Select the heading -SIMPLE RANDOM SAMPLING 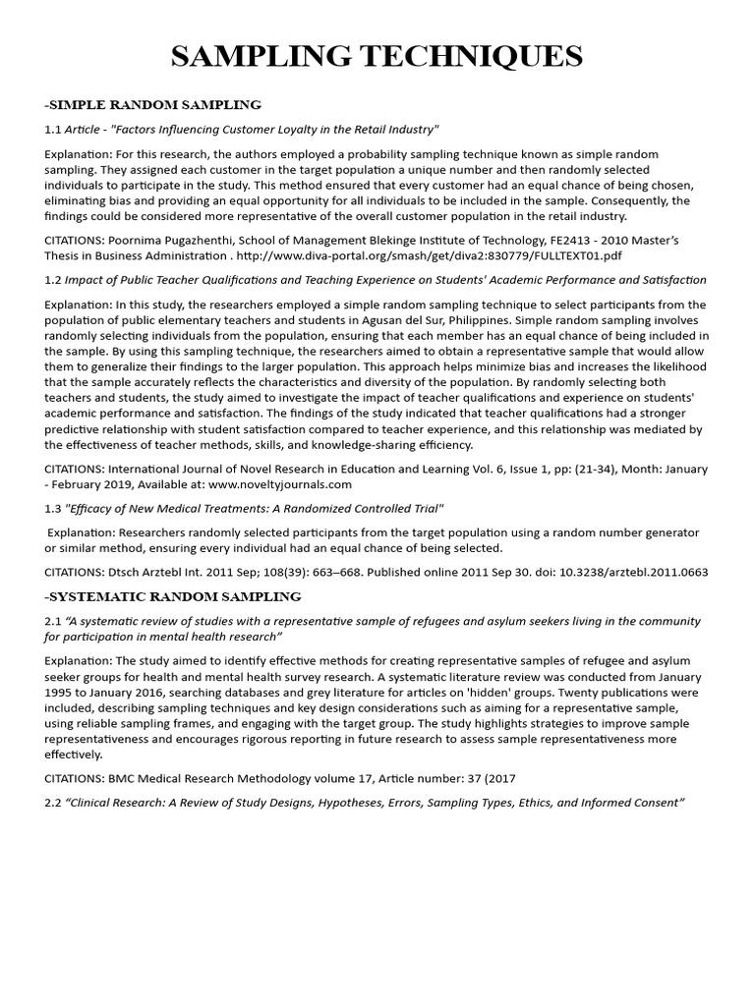pyautogui.click(x=152, y=104)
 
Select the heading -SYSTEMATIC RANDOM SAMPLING pyautogui.click(x=172, y=596)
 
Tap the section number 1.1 pyautogui.click(x=53, y=130)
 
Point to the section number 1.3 pyautogui.click(x=53, y=508)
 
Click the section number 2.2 pyautogui.click(x=53, y=803)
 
